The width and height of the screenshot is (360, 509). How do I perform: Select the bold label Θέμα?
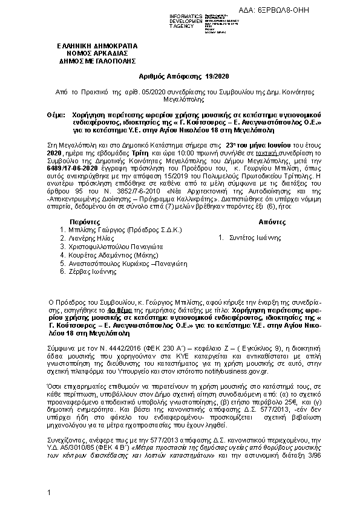point(56,114)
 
